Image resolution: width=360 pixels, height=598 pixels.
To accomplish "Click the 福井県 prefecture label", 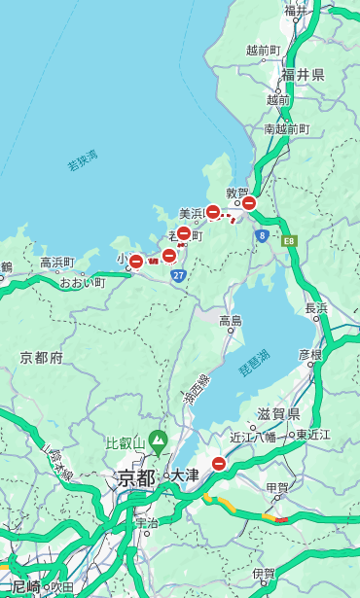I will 303,75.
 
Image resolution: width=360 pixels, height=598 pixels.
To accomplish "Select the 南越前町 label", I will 286,128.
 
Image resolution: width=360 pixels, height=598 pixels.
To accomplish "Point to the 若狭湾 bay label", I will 83,161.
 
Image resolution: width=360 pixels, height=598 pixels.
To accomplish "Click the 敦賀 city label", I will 237,193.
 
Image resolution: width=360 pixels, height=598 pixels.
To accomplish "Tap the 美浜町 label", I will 192,213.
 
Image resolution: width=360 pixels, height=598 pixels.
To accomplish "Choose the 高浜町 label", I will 56,263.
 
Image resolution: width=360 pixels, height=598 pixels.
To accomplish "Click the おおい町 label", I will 80,282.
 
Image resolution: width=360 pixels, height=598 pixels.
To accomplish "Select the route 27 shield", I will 178,275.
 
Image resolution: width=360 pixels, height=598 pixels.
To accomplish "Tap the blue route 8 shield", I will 262,235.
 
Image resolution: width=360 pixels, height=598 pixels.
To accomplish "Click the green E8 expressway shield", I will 289,239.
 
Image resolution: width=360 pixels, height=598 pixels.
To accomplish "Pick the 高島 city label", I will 231,320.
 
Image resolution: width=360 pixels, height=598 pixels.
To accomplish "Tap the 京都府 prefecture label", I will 42,358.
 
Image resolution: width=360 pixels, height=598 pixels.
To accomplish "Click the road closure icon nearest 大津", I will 219,465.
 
